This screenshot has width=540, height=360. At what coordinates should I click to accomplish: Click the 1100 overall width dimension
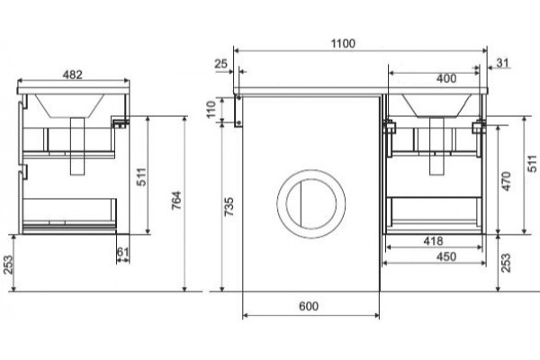(x=343, y=44)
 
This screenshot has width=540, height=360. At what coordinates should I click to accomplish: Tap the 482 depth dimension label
(x=73, y=75)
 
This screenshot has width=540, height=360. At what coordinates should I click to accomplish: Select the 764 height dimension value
(x=176, y=200)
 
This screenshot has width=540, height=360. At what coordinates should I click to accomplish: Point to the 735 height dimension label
(x=229, y=206)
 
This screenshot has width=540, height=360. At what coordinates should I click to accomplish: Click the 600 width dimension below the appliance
(x=309, y=306)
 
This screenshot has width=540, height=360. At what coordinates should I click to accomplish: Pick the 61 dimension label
(x=122, y=252)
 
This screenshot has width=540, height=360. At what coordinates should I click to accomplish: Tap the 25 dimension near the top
(x=220, y=64)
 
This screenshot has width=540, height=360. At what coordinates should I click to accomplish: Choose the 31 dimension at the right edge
(x=503, y=63)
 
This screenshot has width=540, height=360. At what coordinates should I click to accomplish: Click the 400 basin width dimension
(x=446, y=79)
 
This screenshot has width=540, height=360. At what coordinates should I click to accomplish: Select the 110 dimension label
(x=211, y=109)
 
